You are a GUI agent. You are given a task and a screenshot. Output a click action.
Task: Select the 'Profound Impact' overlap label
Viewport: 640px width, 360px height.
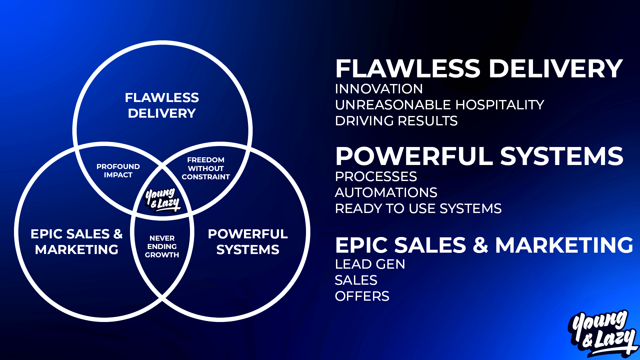[x=118, y=171]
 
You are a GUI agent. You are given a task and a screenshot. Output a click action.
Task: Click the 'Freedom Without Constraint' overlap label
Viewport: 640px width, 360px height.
[x=206, y=168]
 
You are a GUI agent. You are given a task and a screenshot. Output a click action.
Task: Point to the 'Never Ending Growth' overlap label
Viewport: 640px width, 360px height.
[x=162, y=247]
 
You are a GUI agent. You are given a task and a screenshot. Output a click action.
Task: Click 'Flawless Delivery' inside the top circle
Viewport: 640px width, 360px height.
[x=162, y=105]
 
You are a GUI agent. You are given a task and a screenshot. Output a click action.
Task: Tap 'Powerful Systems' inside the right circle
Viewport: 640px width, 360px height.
[x=248, y=242]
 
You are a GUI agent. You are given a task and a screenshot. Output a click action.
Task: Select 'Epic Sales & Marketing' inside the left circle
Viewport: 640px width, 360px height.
[x=77, y=242]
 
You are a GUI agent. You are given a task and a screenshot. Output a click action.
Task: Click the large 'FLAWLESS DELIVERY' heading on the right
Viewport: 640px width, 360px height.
[x=479, y=69]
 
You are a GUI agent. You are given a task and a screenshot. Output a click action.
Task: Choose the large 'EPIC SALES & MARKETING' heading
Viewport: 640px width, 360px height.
[x=484, y=245]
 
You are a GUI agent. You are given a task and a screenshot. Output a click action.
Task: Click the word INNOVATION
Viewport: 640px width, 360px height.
[x=379, y=89]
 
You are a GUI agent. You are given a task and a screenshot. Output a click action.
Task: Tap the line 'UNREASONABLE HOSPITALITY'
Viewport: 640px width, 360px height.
[x=439, y=105]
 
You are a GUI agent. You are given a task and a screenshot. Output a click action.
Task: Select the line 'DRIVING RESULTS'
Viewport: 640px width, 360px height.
[x=396, y=121]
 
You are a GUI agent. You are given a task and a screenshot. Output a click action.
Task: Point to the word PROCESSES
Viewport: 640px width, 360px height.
[x=376, y=177]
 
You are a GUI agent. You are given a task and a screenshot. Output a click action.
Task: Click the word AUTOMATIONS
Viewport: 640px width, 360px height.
[x=386, y=193]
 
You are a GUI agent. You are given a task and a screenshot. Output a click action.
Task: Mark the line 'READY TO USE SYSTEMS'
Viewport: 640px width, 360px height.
[x=418, y=209]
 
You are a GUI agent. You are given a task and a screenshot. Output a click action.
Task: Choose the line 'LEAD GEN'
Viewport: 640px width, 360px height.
[x=370, y=264]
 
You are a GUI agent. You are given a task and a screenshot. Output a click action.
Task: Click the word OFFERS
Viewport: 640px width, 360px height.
[x=362, y=296]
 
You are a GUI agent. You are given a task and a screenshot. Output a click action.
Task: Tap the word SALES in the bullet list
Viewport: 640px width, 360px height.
[x=356, y=280]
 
